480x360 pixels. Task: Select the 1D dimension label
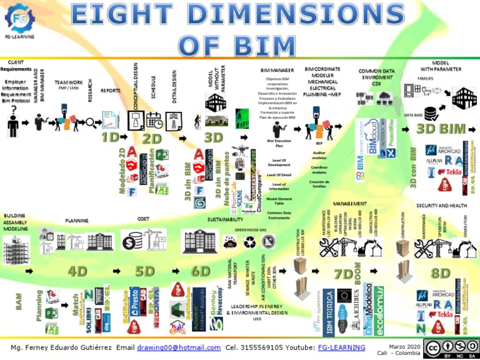110,137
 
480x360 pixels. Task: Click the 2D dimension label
152,137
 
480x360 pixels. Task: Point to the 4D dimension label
77,271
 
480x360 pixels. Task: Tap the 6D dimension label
201,271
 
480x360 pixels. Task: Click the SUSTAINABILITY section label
225,220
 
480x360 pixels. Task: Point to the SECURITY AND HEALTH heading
441,205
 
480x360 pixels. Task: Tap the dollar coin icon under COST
134,241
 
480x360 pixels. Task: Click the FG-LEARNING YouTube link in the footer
342,347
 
